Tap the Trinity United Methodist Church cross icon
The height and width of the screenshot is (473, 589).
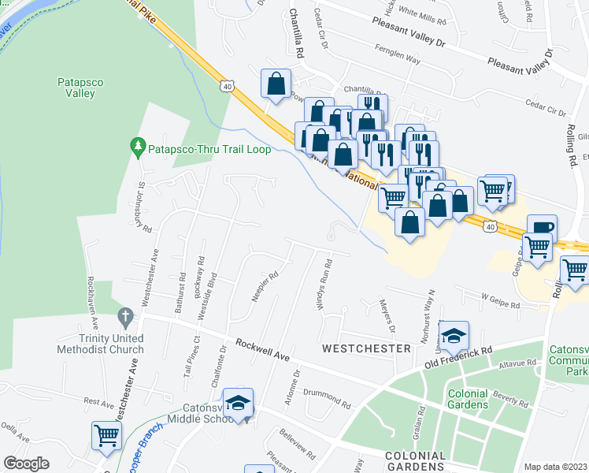[124, 317]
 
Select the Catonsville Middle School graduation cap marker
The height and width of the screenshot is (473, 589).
[238, 403]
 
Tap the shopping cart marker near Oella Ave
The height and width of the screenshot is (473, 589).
[106, 434]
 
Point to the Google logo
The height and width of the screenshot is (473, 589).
[26, 464]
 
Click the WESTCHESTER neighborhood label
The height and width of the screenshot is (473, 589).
[366, 348]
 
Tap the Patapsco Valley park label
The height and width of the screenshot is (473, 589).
[76, 88]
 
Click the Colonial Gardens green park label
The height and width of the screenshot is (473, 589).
[468, 399]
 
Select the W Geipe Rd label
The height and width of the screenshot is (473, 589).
[501, 301]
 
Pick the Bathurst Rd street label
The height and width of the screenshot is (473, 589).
[182, 289]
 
